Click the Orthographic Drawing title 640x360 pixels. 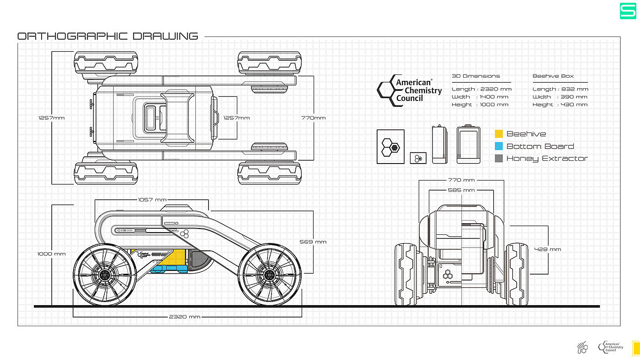tap(107, 36)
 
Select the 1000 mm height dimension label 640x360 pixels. tap(52, 254)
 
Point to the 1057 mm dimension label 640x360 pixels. tap(152, 200)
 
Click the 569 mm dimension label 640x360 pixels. tap(313, 242)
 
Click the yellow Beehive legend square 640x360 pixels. tap(499, 134)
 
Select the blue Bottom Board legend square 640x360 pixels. tap(499, 146)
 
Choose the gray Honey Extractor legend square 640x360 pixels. tap(499, 159)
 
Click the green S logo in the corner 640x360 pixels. tap(628, 11)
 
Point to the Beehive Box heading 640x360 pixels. tap(553, 76)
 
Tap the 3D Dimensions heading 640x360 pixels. tap(475, 76)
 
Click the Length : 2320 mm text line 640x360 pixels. tap(481, 89)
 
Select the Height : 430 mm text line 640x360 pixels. tap(560, 105)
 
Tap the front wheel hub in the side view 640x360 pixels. tap(270, 275)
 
